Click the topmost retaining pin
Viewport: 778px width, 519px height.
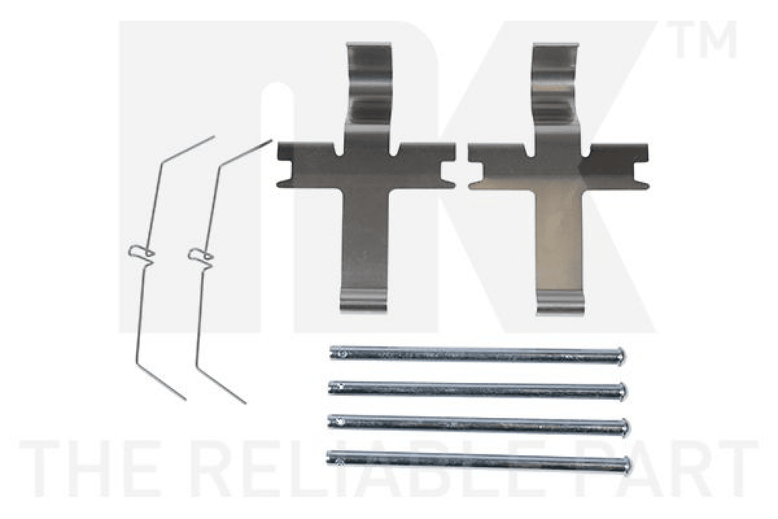tap(478, 355)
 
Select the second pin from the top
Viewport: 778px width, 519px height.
tap(478, 390)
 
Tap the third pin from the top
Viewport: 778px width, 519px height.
tap(479, 424)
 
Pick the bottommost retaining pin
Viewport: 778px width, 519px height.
tap(479, 462)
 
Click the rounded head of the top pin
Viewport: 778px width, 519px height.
tap(621, 356)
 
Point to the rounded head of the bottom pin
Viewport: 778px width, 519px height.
tap(627, 466)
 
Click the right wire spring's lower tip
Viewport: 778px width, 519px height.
tap(244, 402)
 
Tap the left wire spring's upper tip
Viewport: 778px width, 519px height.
tap(212, 137)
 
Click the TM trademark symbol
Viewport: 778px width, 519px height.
tap(702, 39)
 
